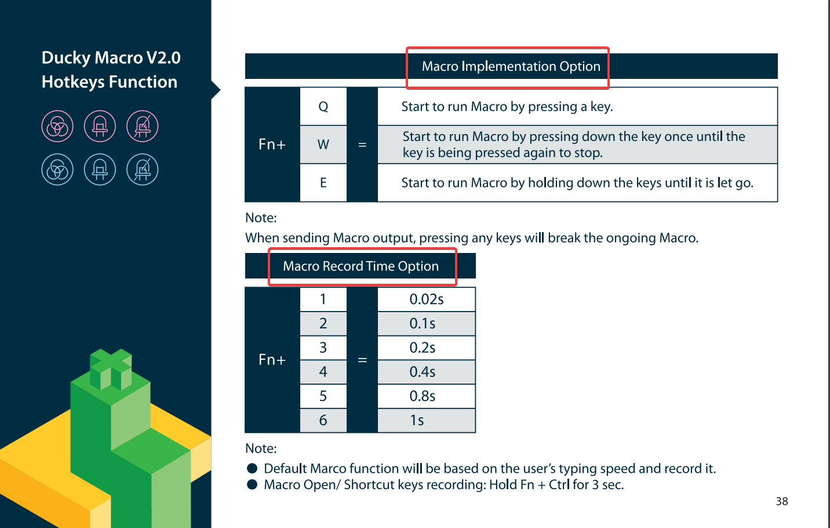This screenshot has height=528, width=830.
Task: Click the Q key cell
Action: tap(323, 107)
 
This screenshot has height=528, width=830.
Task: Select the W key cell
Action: tap(323, 144)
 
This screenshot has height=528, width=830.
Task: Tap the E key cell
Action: tap(323, 183)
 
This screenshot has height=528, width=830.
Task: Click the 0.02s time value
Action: tap(426, 299)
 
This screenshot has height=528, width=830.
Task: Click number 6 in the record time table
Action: tap(323, 421)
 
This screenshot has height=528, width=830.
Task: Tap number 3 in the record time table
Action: tap(323, 348)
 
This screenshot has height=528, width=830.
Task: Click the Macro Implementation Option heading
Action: tap(511, 66)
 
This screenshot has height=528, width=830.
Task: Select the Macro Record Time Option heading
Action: tap(361, 266)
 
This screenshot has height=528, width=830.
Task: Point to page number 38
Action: tap(782, 501)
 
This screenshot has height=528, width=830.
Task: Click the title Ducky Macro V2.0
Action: tap(111, 58)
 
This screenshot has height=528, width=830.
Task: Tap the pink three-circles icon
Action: tap(57, 126)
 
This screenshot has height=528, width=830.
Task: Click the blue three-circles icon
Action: tap(57, 169)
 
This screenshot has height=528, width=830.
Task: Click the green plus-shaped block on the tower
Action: tap(111, 368)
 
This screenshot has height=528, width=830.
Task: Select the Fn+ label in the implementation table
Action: tap(272, 144)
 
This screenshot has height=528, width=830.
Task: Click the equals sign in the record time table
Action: tap(362, 360)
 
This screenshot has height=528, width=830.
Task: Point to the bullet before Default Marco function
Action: tap(252, 468)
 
